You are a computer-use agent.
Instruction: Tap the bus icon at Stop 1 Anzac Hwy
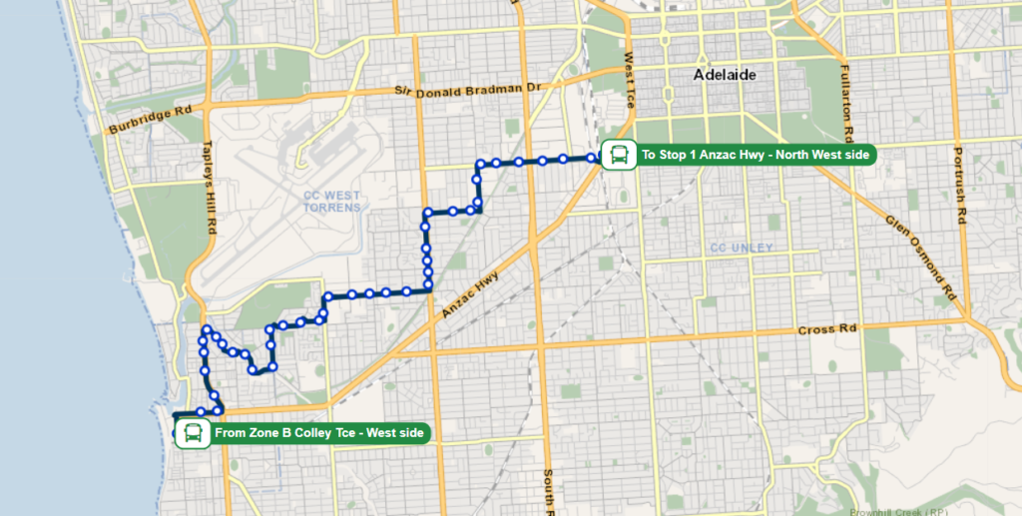[x=619, y=155]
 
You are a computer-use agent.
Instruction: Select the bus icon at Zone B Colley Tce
[x=193, y=433]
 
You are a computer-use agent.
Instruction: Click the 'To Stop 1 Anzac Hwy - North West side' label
[x=756, y=155]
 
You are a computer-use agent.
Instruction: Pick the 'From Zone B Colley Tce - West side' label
[x=320, y=433]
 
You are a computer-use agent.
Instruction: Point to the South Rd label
[x=548, y=489]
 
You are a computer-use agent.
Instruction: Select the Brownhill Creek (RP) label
[x=906, y=510]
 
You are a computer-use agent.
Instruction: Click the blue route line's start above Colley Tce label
[x=176, y=414]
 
